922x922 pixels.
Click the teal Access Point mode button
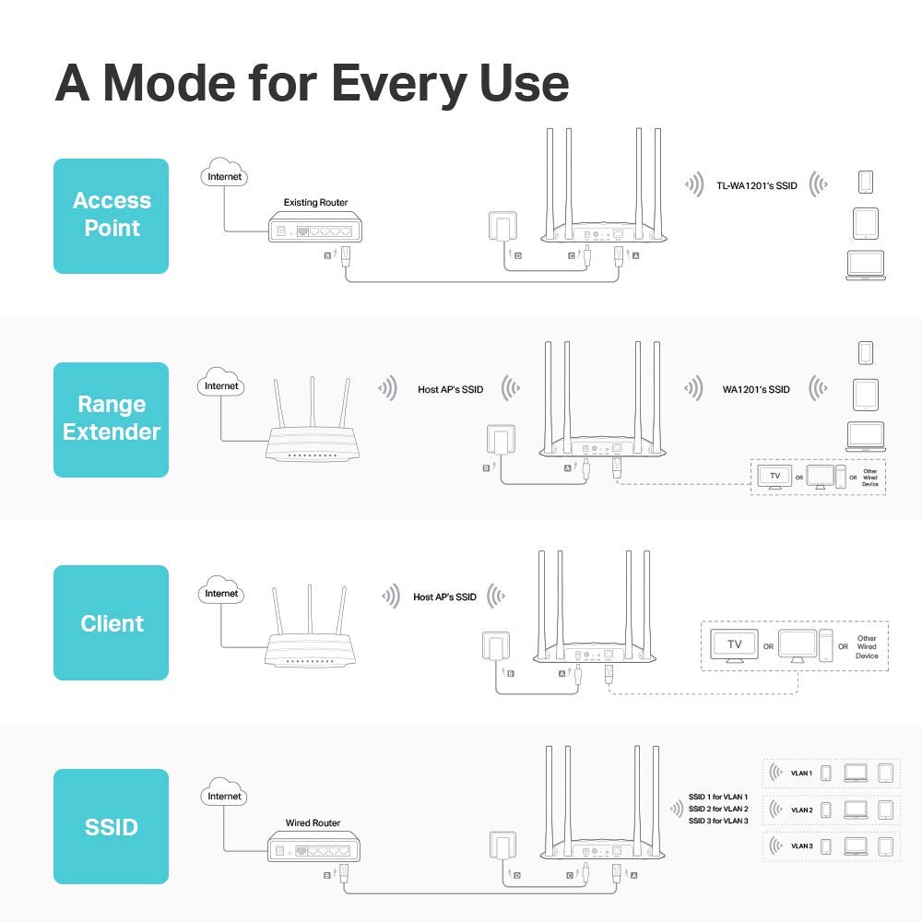(x=111, y=216)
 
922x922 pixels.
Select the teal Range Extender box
(x=111, y=419)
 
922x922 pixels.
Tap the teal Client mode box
(x=111, y=623)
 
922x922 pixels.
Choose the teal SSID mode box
(x=111, y=826)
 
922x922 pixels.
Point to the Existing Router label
(x=315, y=202)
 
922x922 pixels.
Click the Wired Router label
(x=313, y=822)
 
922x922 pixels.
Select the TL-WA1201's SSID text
(x=756, y=186)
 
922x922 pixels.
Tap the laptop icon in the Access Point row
(x=865, y=266)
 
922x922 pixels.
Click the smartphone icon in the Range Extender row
(x=865, y=353)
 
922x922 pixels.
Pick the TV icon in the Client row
(x=735, y=644)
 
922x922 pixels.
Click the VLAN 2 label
(x=801, y=810)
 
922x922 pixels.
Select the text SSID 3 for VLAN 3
(x=718, y=821)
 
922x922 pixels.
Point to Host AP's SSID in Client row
(x=444, y=597)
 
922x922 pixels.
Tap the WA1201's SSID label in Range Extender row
(x=756, y=389)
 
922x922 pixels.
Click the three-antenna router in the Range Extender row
(x=312, y=429)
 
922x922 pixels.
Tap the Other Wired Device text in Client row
(x=867, y=646)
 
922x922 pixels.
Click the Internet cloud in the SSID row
(x=224, y=796)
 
